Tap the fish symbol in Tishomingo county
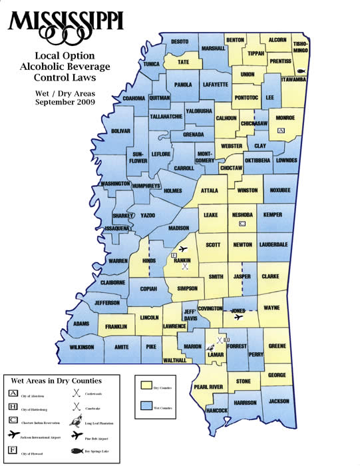301,71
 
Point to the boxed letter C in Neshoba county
242,224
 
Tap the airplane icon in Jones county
238,317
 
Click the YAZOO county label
148,216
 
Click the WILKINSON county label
79,347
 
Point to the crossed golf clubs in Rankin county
185,266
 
